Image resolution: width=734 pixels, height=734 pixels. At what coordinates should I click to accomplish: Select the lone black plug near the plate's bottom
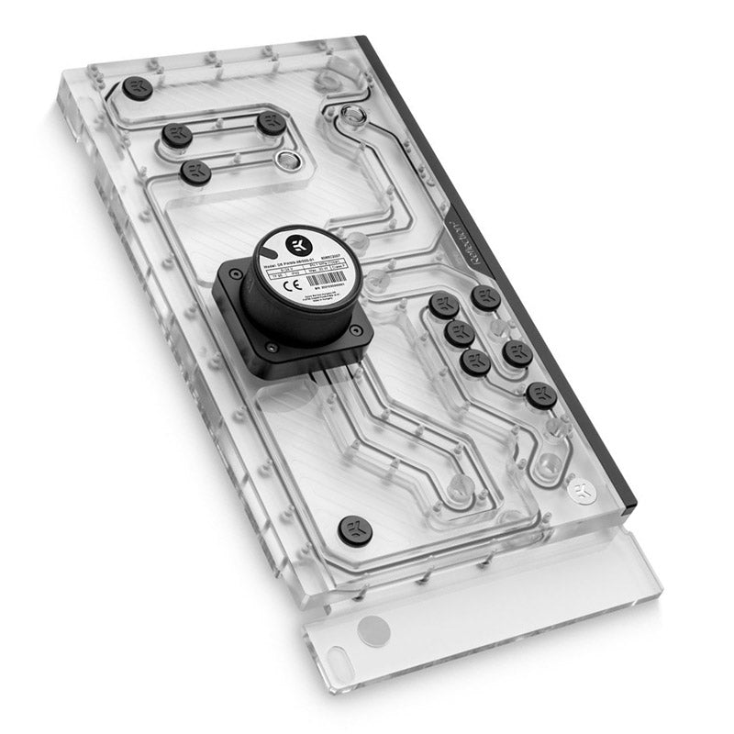coord(355,529)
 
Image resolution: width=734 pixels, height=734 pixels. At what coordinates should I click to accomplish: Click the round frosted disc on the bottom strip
coord(373,630)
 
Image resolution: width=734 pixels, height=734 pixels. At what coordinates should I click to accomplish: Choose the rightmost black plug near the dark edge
coord(541,395)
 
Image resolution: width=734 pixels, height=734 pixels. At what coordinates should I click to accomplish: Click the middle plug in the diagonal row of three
coord(458,334)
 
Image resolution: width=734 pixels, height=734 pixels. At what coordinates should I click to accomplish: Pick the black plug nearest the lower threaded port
coord(272,123)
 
